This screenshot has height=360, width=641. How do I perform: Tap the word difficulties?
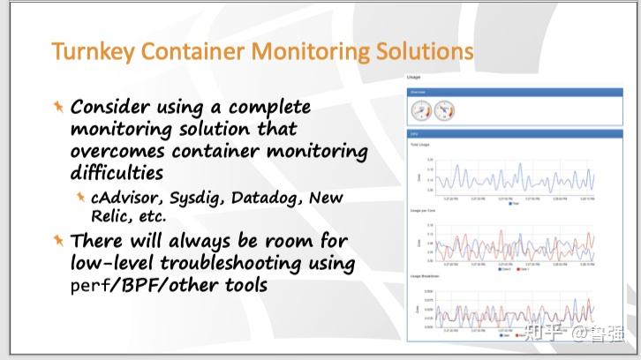coord(117,170)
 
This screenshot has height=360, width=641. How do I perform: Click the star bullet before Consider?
coord(58,106)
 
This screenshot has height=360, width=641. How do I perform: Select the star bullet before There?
coord(58,240)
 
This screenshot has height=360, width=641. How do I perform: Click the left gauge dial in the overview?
coord(421,111)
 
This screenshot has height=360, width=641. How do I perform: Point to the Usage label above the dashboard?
coord(413,78)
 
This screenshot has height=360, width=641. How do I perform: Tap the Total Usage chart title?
coord(419,144)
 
